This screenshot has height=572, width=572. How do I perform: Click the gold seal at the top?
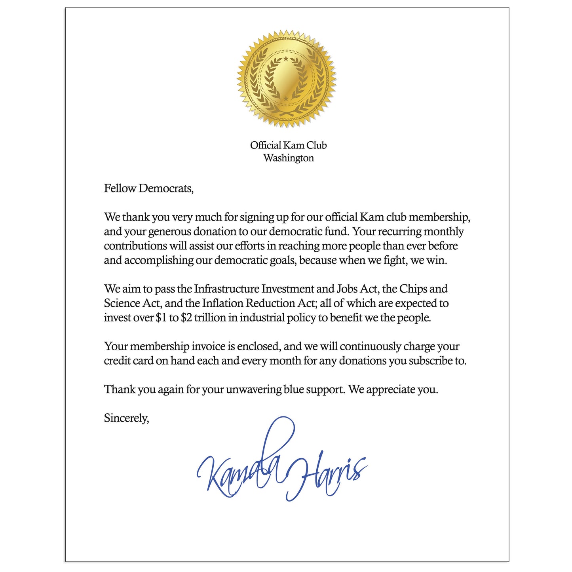(286, 78)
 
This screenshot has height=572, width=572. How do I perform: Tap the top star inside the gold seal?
(286, 59)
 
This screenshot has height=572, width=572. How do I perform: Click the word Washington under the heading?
(288, 158)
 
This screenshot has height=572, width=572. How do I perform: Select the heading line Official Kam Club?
(288, 145)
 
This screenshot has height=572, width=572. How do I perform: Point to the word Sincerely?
(126, 418)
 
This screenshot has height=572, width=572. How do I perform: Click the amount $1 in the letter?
(161, 318)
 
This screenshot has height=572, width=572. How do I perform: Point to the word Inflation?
(223, 304)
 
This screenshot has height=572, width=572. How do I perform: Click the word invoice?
(208, 347)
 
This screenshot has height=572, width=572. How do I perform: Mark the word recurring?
(399, 232)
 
